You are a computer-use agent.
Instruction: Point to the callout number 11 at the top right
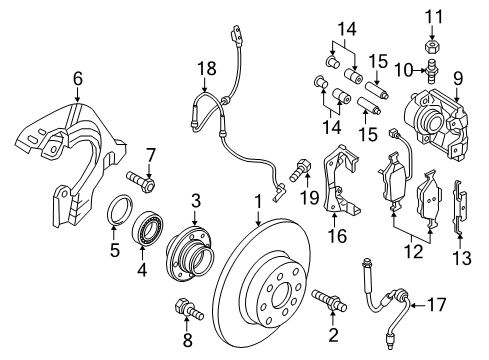(434, 15)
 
